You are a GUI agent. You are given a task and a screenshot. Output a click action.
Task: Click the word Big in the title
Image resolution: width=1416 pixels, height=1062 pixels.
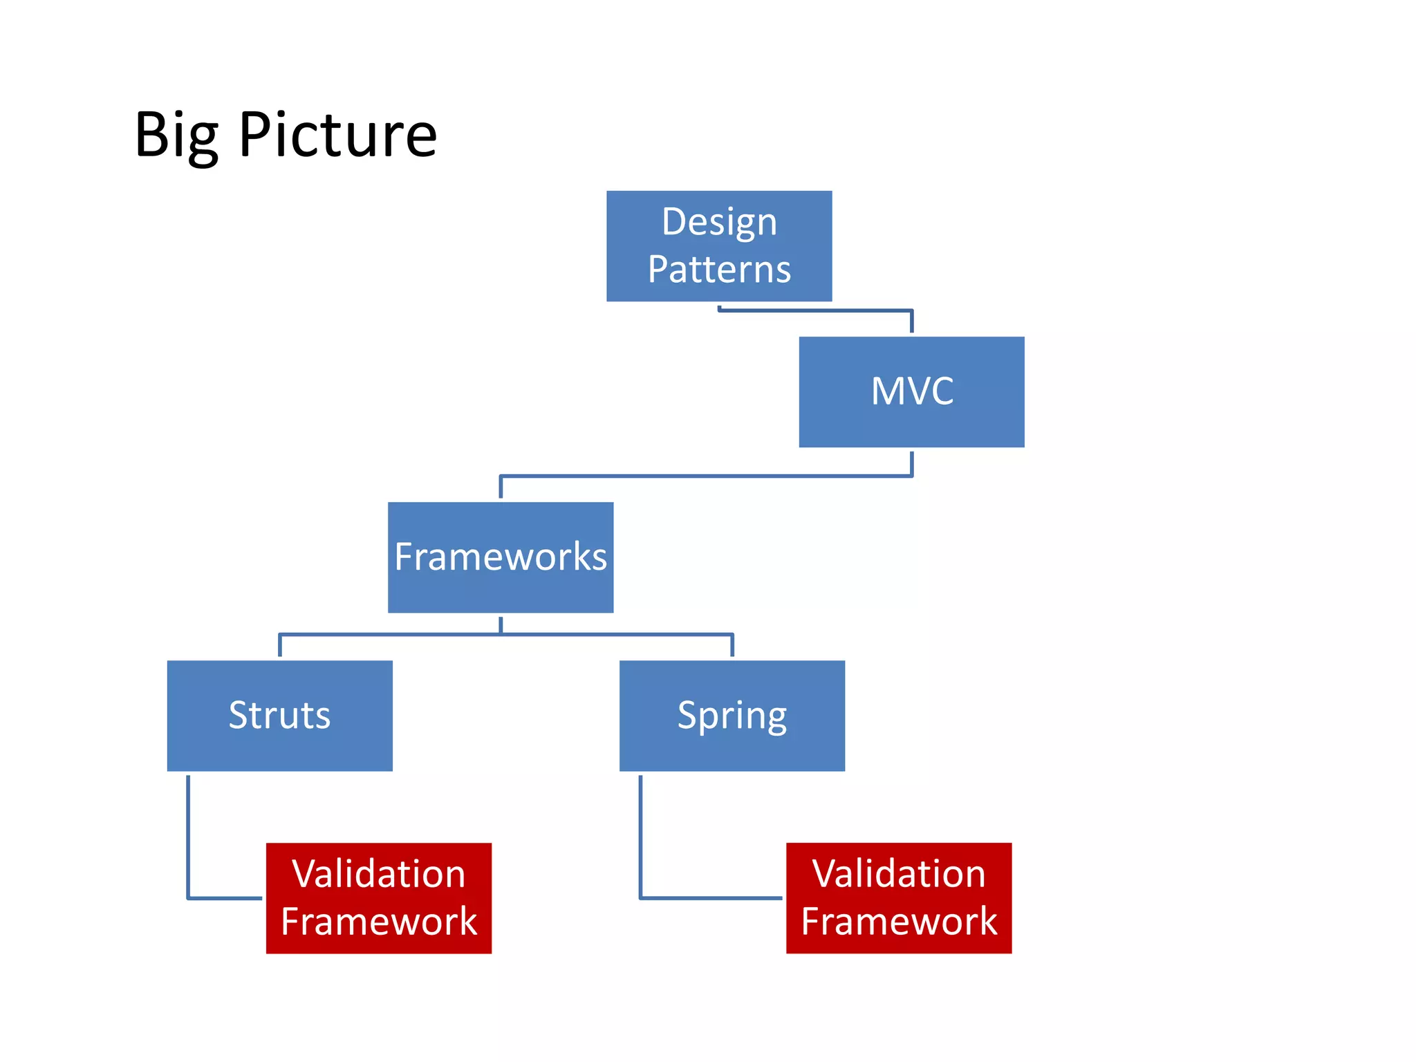click(x=176, y=136)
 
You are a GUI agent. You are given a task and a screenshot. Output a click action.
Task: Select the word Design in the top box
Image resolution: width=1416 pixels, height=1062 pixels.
click(x=719, y=223)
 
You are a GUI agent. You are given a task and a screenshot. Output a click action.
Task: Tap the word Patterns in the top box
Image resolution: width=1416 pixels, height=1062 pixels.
click(x=719, y=269)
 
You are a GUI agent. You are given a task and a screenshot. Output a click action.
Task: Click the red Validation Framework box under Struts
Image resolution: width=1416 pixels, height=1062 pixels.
click(x=378, y=897)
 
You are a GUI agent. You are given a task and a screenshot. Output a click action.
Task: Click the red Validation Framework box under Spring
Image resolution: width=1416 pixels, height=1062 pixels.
click(x=898, y=897)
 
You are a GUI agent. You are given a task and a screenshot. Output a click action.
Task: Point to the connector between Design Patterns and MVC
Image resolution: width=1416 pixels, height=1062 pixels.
click(x=816, y=310)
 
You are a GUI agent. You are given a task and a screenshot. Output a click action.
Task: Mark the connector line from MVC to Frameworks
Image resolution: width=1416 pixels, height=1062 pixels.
click(x=705, y=476)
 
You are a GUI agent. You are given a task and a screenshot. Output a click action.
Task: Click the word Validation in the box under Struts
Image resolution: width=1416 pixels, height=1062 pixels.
click(x=378, y=874)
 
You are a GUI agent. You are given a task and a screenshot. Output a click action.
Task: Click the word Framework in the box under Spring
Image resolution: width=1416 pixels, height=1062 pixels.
click(x=898, y=922)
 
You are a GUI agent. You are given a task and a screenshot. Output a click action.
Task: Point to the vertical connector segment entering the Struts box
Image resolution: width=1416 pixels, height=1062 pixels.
click(x=279, y=646)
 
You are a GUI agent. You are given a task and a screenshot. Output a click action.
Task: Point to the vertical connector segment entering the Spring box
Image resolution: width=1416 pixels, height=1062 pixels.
click(x=732, y=646)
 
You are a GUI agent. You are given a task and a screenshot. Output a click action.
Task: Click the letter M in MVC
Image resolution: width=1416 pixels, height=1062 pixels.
click(x=888, y=391)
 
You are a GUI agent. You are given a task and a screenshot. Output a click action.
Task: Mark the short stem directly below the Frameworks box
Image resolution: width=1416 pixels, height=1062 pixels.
click(x=501, y=624)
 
